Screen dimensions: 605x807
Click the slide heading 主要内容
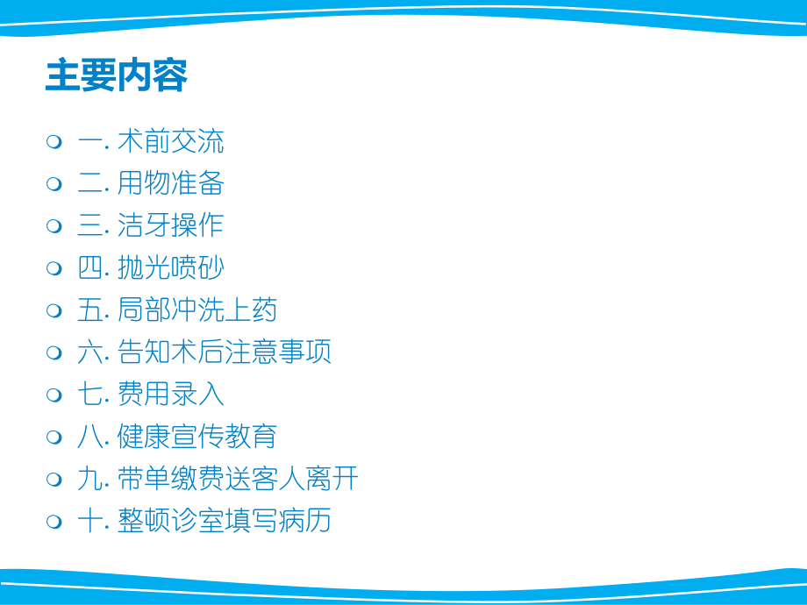116,77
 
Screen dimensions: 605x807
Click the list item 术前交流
170,141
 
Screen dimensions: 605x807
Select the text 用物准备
170,183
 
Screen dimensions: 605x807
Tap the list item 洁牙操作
170,225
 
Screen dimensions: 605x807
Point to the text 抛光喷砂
170,268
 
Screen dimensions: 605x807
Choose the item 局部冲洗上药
197,310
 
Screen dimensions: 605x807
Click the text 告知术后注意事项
225,352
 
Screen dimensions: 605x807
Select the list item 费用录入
170,395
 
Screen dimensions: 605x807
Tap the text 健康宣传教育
197,437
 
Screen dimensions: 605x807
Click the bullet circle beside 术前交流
54,142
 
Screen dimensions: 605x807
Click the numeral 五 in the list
90,310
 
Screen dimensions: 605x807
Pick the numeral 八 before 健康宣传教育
90,437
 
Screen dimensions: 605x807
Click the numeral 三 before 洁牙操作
90,225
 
